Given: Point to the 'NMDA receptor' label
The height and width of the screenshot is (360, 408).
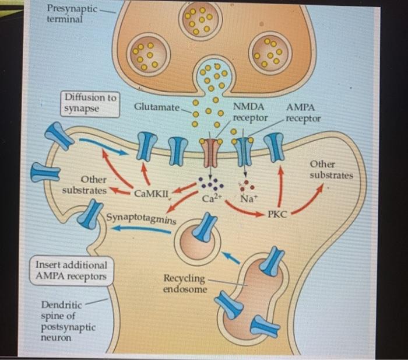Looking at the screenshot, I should click(249, 113).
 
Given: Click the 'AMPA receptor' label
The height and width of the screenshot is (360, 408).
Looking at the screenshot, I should click(303, 113).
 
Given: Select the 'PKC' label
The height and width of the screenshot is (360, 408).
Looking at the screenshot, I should click(277, 215).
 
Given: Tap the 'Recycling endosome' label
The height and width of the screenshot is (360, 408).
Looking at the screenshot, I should click(184, 283).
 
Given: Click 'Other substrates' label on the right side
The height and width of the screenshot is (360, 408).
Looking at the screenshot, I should click(330, 170).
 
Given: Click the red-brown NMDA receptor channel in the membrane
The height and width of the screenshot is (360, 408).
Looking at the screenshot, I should click(211, 153).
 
